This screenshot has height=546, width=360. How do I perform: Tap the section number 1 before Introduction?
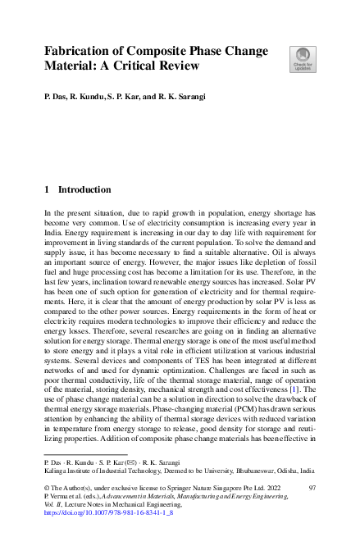47,189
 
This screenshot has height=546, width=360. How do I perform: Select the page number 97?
312,488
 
